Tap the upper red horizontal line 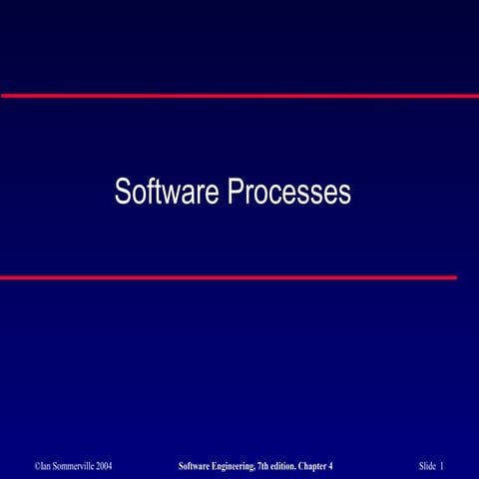pyautogui.click(x=239, y=96)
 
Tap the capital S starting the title pyautogui.click(x=122, y=192)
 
